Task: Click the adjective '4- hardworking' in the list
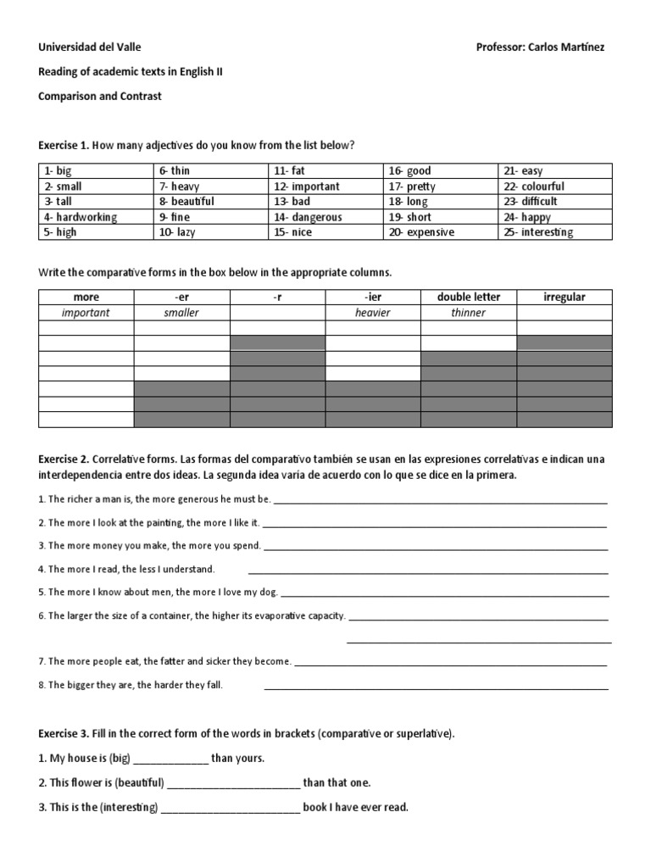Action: (81, 217)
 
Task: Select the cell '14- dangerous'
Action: (308, 217)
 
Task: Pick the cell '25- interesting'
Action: (537, 232)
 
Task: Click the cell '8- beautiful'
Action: (186, 202)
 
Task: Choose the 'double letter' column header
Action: (469, 297)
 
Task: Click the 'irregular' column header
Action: (564, 297)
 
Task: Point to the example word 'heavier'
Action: (373, 313)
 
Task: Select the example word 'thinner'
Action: (469, 313)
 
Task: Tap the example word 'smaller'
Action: (181, 313)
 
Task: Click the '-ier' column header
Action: (373, 297)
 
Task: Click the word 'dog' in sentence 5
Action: (267, 592)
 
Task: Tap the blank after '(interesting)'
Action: (231, 808)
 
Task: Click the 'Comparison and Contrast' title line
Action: (100, 97)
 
